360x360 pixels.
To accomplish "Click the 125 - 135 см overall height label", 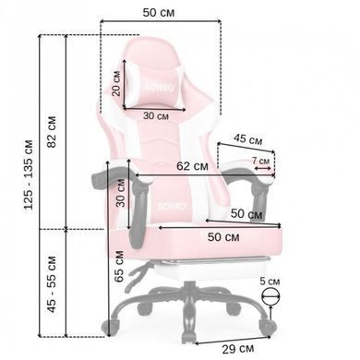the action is click(29, 174).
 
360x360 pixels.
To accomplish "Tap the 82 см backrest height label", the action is click(52, 132).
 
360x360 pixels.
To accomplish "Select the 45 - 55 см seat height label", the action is click(52, 284).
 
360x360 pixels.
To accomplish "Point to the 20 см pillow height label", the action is click(116, 83).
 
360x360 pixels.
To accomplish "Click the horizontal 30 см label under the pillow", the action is click(156, 116).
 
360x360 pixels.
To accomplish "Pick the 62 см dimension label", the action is click(192, 166).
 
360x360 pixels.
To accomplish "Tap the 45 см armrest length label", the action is click(247, 139).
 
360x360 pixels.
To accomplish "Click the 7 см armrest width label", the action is click(260, 161).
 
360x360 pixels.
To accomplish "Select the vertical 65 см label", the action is click(119, 267).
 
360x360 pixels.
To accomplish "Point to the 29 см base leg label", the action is click(238, 349).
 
